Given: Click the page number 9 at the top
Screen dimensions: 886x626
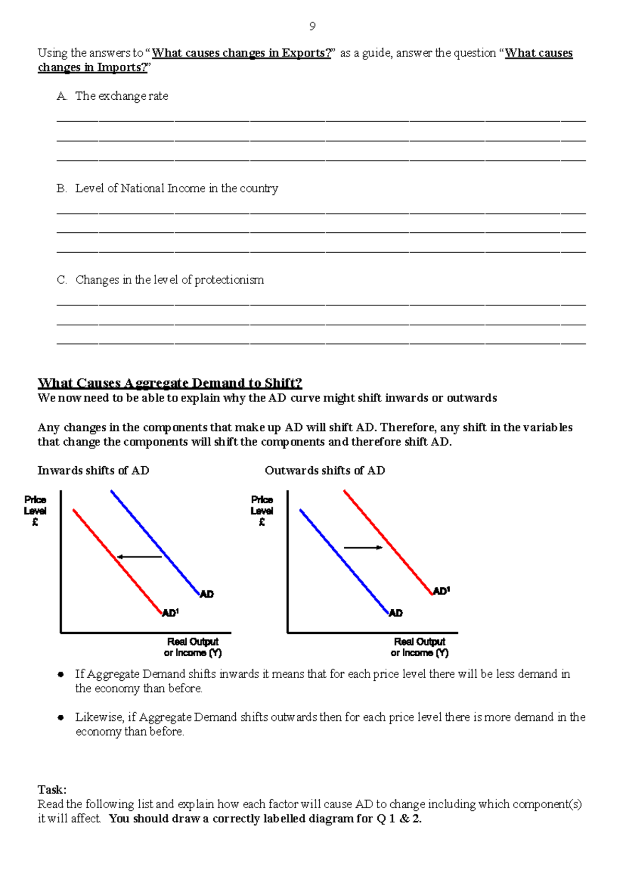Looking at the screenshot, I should coord(312,27).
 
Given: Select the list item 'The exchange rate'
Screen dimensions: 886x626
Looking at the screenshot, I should coord(121,96).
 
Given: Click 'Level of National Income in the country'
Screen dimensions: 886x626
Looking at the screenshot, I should coord(176,188).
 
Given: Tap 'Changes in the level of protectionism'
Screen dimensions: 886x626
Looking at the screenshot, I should coord(170,280).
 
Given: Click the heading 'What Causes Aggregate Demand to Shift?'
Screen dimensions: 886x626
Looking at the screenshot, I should coord(170,383).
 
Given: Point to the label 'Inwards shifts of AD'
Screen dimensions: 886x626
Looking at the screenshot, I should coord(93,471).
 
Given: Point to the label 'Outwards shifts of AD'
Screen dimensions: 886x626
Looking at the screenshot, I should coord(324,471).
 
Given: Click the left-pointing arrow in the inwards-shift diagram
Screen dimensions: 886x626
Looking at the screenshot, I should coord(139,557).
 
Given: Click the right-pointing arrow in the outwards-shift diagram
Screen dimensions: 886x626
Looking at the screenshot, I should coord(364,547).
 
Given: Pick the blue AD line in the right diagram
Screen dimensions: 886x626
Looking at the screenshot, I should coord(344,562).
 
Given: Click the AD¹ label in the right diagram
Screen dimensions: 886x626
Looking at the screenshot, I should coord(441,591).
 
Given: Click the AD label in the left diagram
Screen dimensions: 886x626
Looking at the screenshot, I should coord(207,594).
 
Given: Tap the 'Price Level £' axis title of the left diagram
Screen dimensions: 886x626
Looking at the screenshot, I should coord(35,511).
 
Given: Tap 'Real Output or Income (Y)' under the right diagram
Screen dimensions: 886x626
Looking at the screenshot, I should coord(419,647).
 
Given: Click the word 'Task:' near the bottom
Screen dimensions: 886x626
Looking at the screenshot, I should coord(52,790).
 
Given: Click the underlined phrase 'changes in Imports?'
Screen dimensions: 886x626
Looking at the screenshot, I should coord(92,68).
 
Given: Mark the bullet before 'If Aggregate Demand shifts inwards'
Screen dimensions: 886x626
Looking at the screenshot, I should coord(61,675).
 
